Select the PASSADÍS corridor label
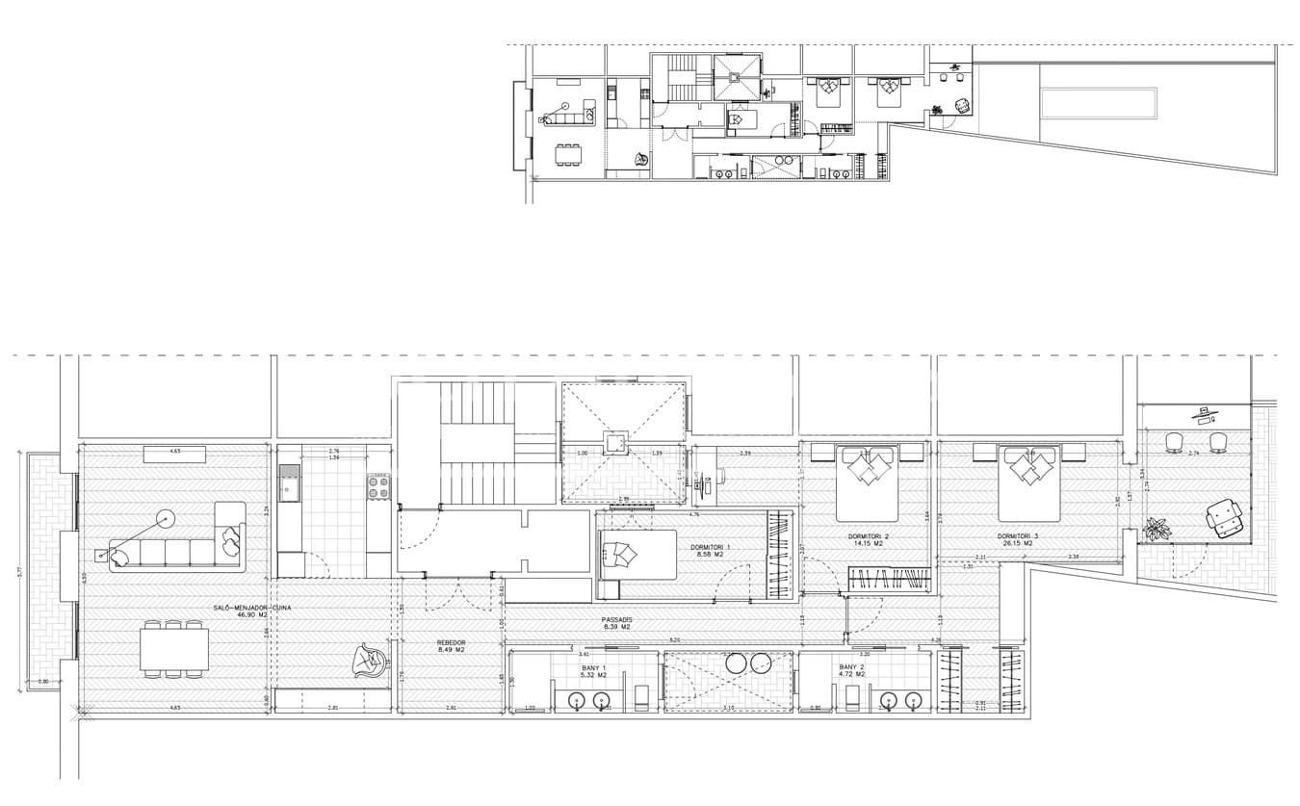[616, 619]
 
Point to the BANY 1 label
[594, 667]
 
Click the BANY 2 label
[851, 667]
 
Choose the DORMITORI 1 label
[710, 547]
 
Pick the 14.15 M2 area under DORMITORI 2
[868, 544]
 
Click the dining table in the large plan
[174, 648]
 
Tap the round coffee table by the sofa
[167, 519]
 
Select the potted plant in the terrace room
[1156, 529]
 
